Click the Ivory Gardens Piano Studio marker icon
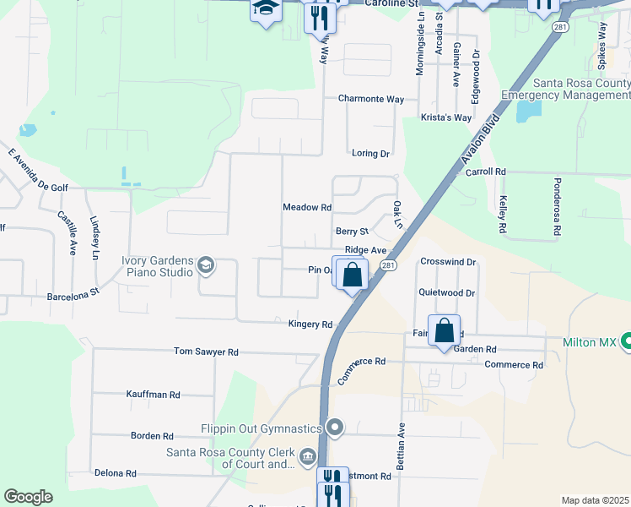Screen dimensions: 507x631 click(x=205, y=267)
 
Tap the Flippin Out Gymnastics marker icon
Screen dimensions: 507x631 click(x=336, y=428)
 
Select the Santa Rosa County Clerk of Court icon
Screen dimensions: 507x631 click(x=307, y=458)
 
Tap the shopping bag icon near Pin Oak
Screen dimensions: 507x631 click(x=352, y=275)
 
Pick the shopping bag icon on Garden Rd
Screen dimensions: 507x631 click(x=444, y=331)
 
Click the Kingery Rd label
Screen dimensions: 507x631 click(x=310, y=324)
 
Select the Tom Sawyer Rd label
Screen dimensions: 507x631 click(x=206, y=352)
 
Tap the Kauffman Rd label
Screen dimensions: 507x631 click(x=153, y=395)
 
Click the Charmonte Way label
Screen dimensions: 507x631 click(x=371, y=99)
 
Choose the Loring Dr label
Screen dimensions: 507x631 click(x=370, y=154)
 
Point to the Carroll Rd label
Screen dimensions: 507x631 click(x=486, y=172)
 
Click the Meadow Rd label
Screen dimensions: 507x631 click(x=307, y=207)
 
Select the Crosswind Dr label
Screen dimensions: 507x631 click(x=448, y=263)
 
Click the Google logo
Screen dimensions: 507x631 click(x=28, y=497)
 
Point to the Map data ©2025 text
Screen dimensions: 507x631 click(x=595, y=500)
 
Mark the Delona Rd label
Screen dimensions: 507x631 click(x=115, y=473)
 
